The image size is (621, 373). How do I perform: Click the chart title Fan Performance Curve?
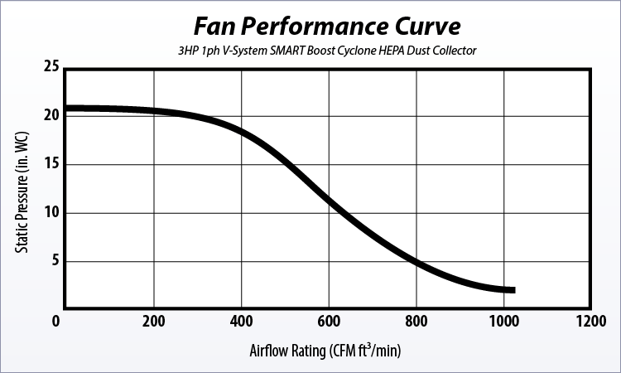[x=323, y=25]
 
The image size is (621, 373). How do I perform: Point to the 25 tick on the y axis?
[x=51, y=67]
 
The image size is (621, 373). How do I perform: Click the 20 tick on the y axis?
[x=51, y=115]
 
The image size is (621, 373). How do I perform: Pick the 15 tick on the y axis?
[x=51, y=164]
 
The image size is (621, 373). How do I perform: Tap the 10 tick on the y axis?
[x=51, y=213]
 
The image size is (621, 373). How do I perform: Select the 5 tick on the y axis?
[x=55, y=262]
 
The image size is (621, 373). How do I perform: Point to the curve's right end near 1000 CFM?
[x=513, y=290]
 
